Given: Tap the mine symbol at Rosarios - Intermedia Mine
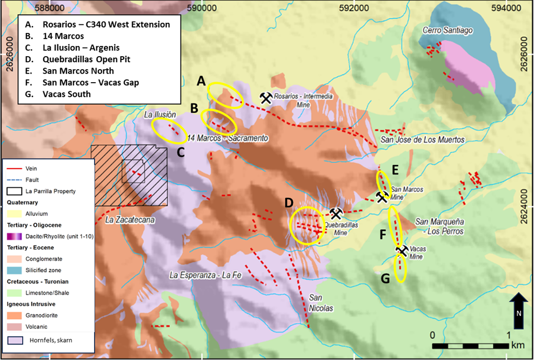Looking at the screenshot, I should tap(266, 97).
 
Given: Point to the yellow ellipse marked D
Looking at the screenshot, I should tap(307, 226).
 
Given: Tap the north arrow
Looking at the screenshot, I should tap(518, 311).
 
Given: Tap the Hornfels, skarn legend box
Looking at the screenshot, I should tap(15, 340).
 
